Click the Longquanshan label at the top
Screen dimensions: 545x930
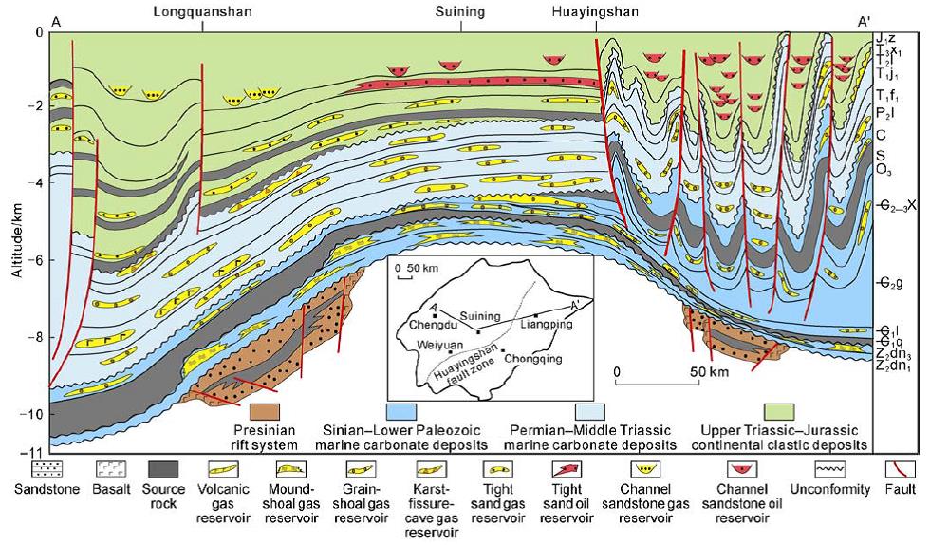click(x=202, y=12)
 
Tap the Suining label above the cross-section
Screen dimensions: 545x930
click(x=461, y=12)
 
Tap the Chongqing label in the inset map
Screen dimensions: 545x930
click(x=533, y=358)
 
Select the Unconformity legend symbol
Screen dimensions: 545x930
click(x=840, y=469)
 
